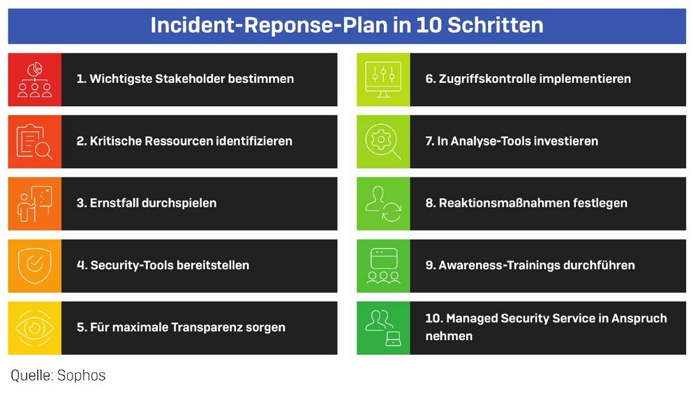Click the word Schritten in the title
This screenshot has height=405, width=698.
pyautogui.click(x=495, y=25)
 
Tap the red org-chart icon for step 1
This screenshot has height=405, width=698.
pyautogui.click(x=35, y=80)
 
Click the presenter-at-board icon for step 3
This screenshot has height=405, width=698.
pyautogui.click(x=35, y=204)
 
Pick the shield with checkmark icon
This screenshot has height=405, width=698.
pyautogui.click(x=35, y=265)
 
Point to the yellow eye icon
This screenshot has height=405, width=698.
pyautogui.click(x=35, y=328)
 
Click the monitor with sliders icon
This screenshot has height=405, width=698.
pyautogui.click(x=383, y=80)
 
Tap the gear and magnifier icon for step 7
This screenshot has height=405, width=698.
pyautogui.click(x=383, y=142)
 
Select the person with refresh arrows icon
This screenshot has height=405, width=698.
pyautogui.click(x=383, y=204)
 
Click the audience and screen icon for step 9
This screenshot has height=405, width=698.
pyautogui.click(x=383, y=265)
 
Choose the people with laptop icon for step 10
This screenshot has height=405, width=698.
pyautogui.click(x=383, y=328)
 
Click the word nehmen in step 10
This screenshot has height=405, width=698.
pyautogui.click(x=449, y=336)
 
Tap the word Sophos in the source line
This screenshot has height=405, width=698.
pyautogui.click(x=82, y=376)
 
